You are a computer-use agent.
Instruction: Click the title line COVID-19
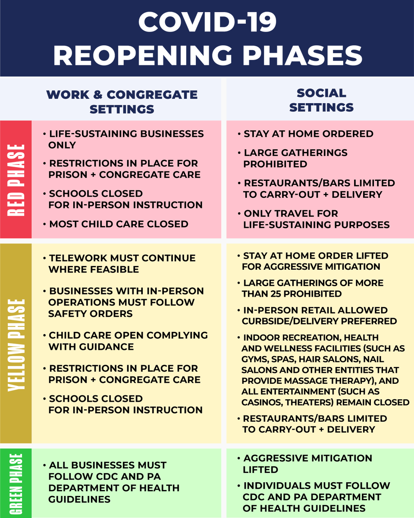click(x=207, y=22)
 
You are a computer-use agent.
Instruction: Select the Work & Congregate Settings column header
click(x=122, y=102)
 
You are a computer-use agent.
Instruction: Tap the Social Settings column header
click(x=321, y=100)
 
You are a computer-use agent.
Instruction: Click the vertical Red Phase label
click(x=16, y=180)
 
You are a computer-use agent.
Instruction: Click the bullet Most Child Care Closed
click(x=119, y=224)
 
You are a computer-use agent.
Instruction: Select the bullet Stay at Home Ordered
click(x=308, y=134)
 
